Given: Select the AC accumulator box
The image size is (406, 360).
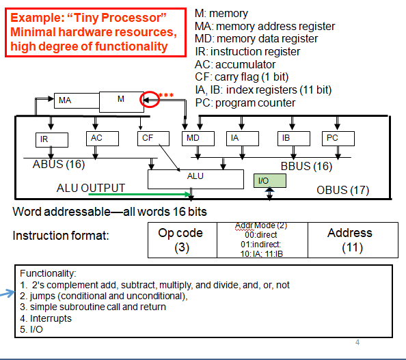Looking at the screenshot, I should (x=97, y=138).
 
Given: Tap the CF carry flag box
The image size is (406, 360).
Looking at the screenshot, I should (x=146, y=138).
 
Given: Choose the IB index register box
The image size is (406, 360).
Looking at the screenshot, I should (x=288, y=138).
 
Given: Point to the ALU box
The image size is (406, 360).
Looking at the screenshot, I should (x=195, y=177).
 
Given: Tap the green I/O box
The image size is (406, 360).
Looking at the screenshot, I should (x=264, y=181).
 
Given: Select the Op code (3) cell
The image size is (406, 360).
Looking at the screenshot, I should (x=180, y=240).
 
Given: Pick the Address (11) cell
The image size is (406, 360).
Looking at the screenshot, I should (x=349, y=240).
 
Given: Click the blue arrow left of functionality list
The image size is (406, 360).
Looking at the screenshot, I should (x=8, y=294).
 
